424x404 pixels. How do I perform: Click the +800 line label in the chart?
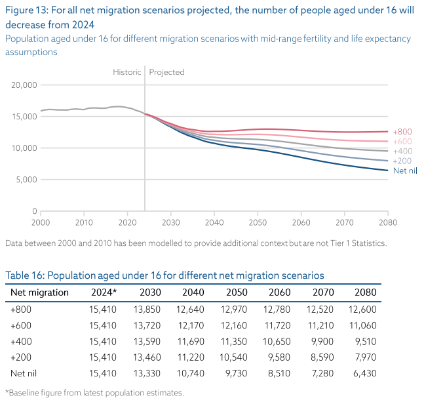coord(402,132)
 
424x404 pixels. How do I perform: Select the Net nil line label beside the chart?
coord(405,171)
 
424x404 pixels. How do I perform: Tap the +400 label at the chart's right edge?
coord(402,151)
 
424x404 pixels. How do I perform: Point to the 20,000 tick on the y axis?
coord(24,85)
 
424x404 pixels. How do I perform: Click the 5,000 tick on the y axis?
coord(26,180)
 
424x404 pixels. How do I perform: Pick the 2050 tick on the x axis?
coord(258,222)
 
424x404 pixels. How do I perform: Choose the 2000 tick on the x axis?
coord(41,222)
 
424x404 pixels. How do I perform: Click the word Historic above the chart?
coord(126,72)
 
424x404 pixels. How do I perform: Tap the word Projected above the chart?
coord(167,72)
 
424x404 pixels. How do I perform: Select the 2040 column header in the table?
coord(193,293)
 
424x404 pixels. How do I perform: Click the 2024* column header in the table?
coord(103,293)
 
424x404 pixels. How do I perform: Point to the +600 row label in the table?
coord(21,325)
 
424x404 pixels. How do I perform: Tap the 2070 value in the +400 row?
coord(324,341)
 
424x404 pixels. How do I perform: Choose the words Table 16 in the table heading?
coord(24,275)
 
